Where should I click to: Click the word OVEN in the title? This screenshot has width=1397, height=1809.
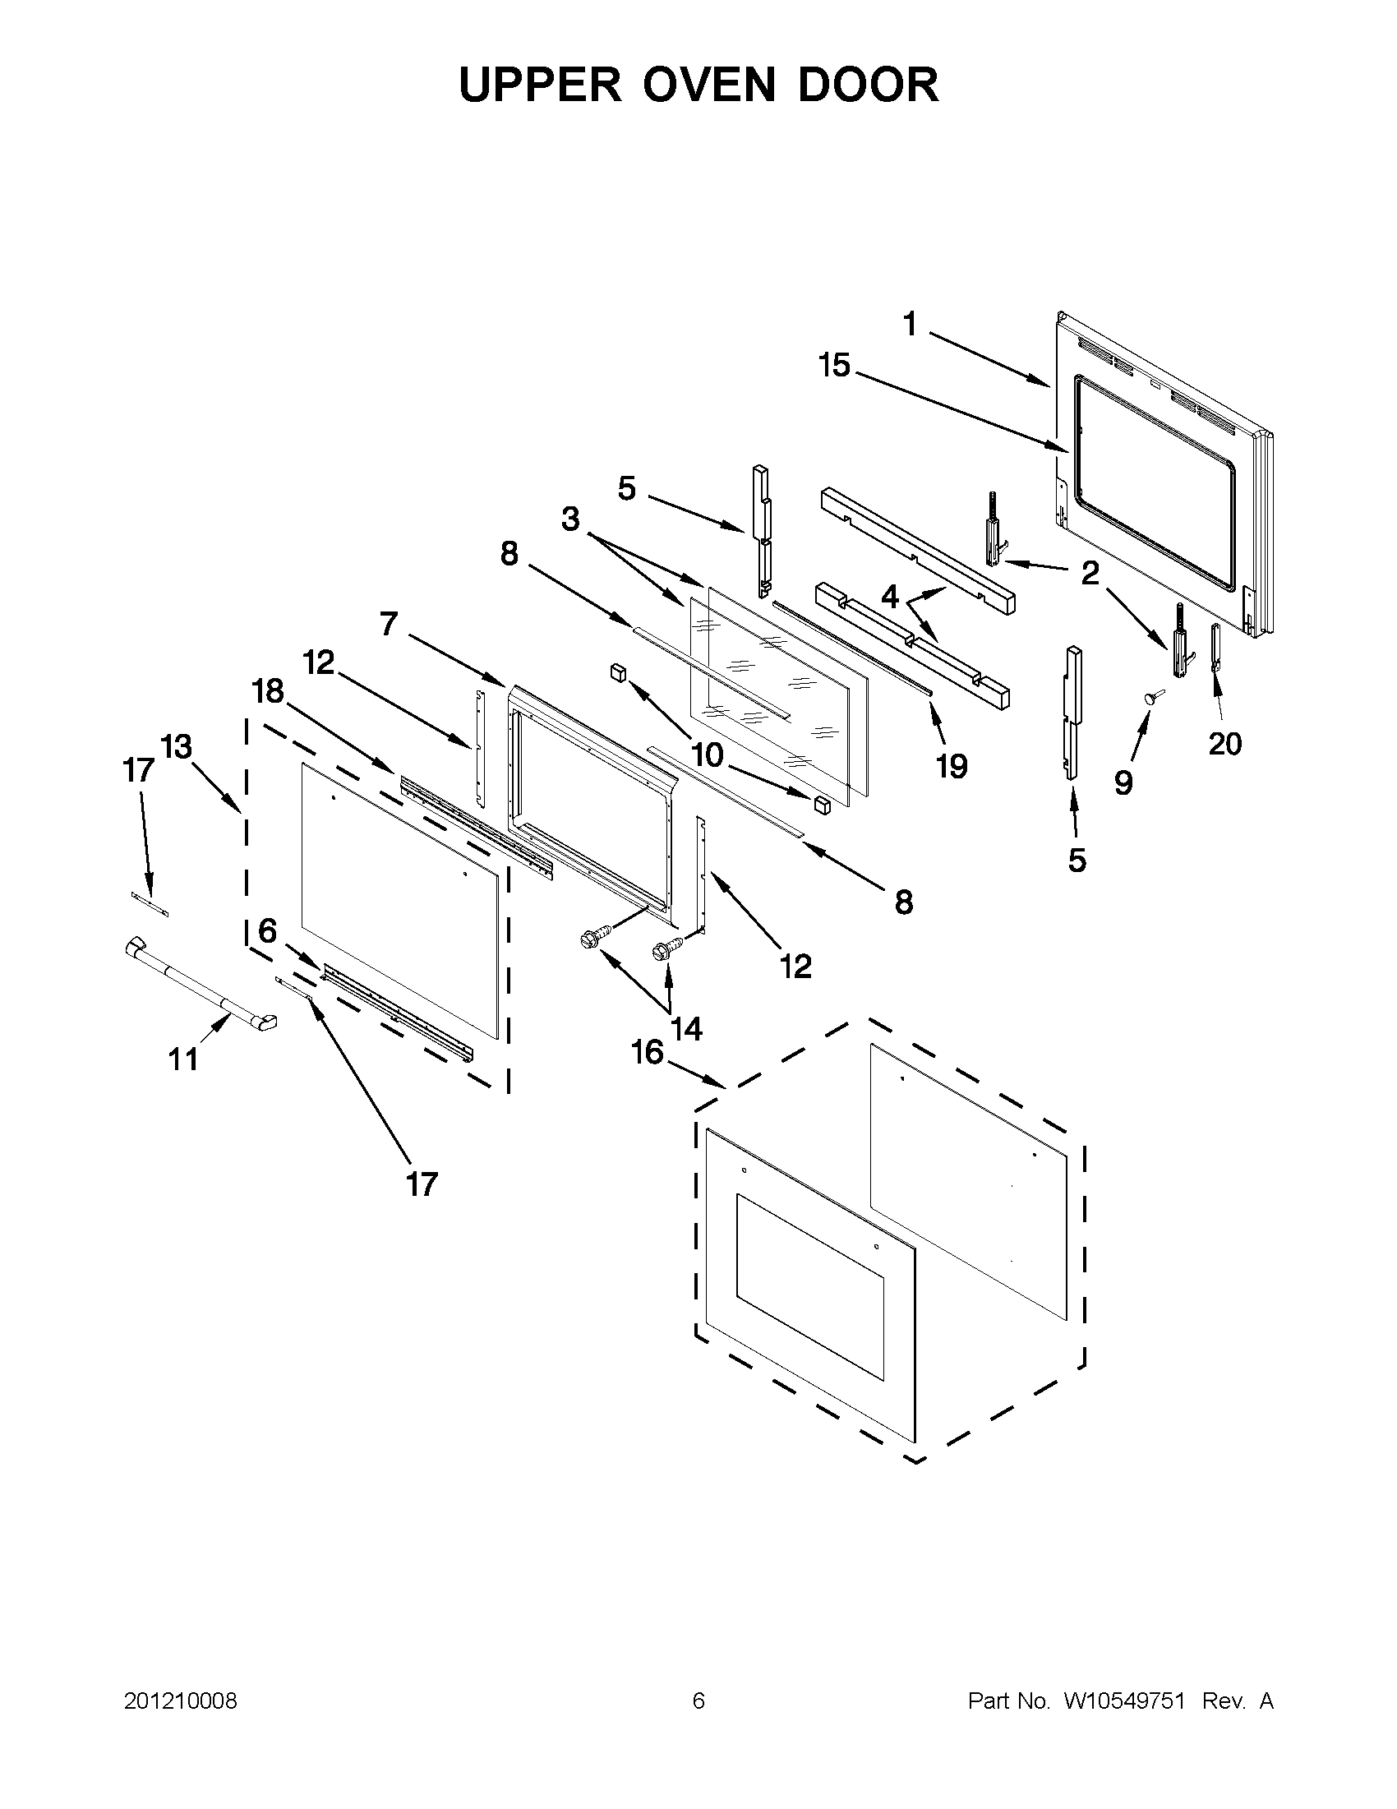tap(699, 85)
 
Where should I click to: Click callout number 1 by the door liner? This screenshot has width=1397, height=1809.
tap(910, 325)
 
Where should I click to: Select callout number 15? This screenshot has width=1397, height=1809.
tap(835, 365)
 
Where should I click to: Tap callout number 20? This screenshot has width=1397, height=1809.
tap(1224, 744)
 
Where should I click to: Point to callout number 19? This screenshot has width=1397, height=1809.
tap(952, 766)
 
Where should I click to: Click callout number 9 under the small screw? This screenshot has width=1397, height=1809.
tap(1123, 782)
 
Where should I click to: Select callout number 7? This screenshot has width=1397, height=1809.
tap(390, 623)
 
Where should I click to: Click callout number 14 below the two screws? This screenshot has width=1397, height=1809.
tap(686, 1029)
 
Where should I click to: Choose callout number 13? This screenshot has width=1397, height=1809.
tap(176, 746)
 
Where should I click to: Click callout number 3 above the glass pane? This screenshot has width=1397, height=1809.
tap(570, 519)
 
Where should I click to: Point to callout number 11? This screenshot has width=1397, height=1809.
tap(183, 1059)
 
